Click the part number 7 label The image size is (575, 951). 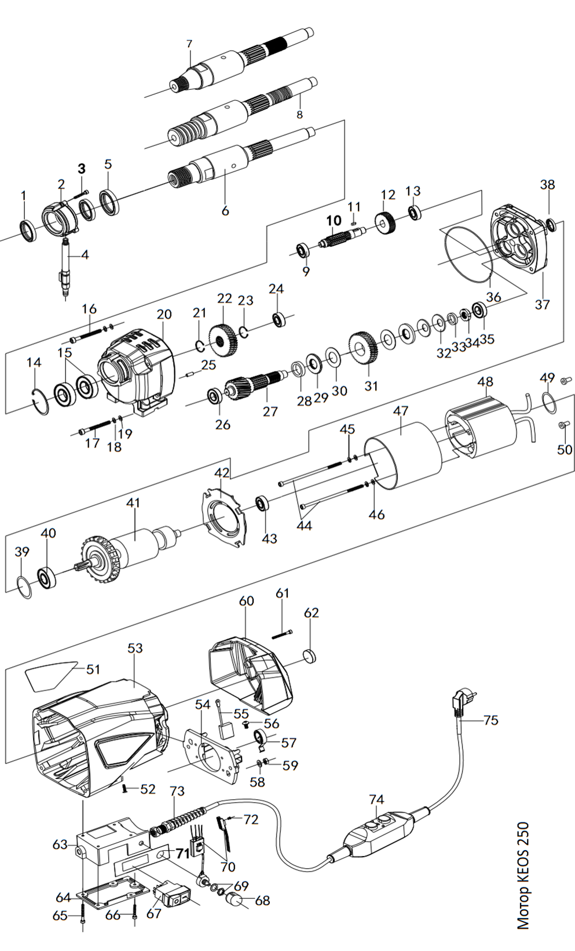coord(189,43)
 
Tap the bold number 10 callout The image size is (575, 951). coord(334,220)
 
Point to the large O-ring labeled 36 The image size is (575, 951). coord(466,253)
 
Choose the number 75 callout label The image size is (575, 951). coord(490,720)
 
